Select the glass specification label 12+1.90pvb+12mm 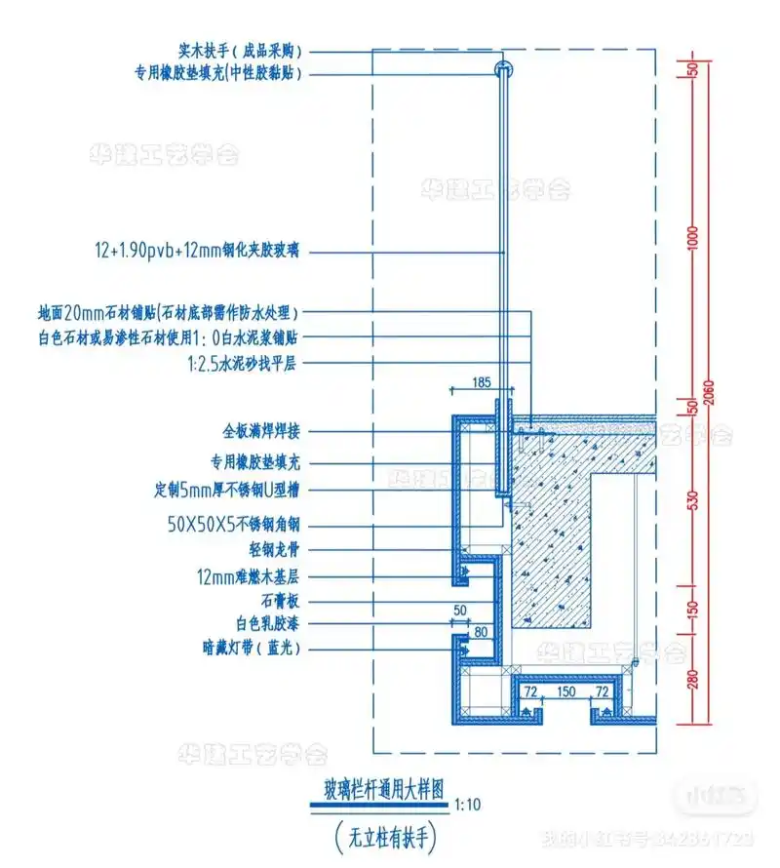[x=196, y=251]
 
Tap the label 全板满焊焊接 [x=261, y=429]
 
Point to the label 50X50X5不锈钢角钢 [x=233, y=525]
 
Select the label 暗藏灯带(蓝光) [x=251, y=648]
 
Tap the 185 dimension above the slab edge [x=480, y=382]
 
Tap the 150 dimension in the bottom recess [x=565, y=691]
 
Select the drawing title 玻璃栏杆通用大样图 [x=376, y=792]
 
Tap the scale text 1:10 [x=468, y=806]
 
